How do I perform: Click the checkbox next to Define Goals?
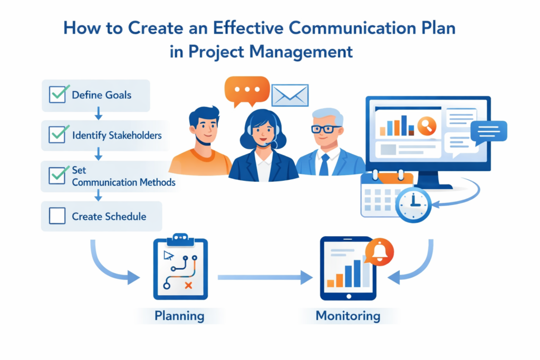coord(56,95)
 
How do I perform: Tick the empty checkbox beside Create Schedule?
coord(56,216)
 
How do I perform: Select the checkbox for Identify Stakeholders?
coord(56,135)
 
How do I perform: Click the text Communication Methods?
coord(123,182)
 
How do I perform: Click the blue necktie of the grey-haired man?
coord(324,164)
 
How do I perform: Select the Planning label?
coord(179,316)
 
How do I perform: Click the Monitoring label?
coord(348,316)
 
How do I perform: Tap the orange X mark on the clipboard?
coord(188,285)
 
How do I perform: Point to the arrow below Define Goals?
coord(99,113)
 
